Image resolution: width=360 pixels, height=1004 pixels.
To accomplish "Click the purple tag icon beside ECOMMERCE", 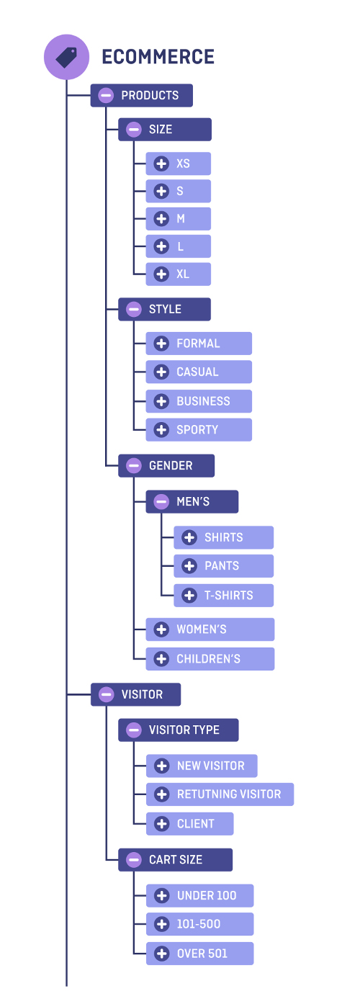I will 66,57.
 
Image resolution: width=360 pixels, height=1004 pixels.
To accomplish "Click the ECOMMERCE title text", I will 158,58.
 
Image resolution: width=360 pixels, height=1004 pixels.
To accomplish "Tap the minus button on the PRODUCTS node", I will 106,95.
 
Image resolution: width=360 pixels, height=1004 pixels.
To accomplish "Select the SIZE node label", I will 161,130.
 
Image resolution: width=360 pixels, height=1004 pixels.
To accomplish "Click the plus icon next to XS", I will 161,163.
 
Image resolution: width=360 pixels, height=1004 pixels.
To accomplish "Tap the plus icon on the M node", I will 161,219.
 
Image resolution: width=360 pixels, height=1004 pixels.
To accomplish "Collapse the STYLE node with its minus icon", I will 133,309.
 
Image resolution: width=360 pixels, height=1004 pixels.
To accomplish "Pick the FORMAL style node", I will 198,344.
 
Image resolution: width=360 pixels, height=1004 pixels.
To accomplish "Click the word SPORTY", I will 197,430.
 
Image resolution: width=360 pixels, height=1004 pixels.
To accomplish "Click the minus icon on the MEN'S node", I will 161,501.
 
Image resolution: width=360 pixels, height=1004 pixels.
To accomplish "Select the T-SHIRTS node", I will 228,596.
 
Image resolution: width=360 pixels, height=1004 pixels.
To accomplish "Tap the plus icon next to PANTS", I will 189,566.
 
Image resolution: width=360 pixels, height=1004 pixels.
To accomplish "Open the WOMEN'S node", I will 202,629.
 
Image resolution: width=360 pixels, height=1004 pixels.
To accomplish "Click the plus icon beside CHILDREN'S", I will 161,659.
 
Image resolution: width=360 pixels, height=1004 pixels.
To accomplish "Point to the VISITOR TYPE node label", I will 184,730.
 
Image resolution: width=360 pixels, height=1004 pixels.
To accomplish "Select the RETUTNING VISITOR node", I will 229,794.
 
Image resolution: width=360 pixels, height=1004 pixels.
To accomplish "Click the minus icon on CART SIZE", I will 133,859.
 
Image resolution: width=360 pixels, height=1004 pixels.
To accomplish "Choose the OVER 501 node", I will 202,954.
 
